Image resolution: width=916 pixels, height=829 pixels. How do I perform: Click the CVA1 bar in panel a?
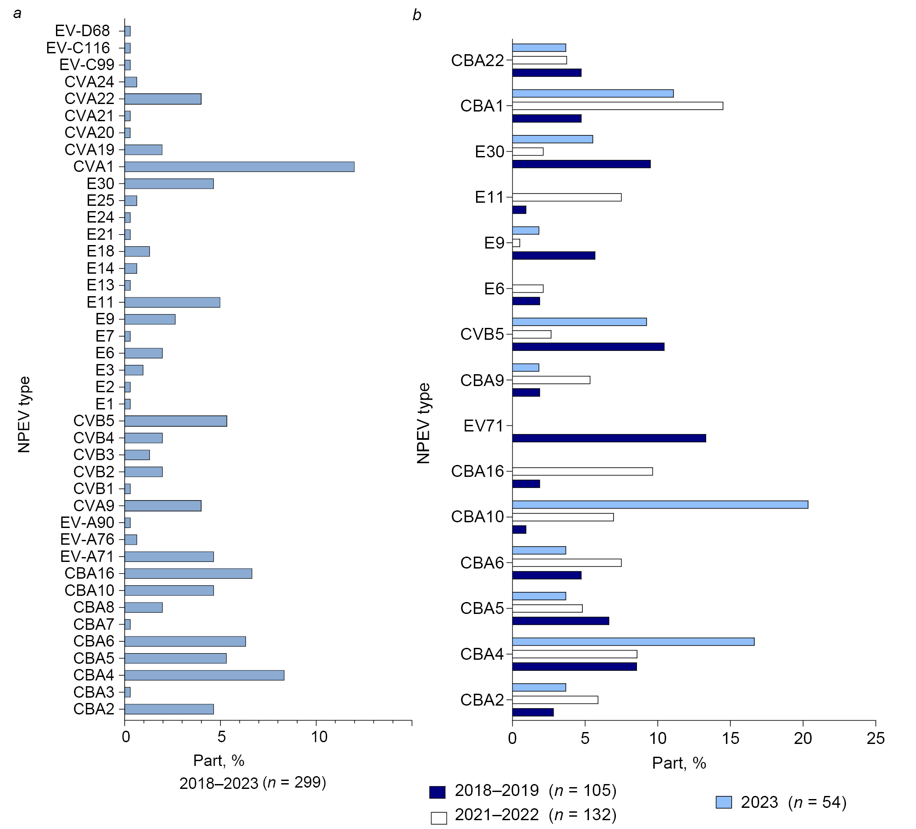239,167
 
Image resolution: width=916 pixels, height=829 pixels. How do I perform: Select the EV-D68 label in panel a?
82,31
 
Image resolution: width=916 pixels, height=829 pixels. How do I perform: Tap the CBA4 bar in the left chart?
204,676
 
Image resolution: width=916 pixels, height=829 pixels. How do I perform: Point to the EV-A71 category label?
87,557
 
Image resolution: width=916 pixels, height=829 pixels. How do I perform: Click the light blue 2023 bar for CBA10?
660,505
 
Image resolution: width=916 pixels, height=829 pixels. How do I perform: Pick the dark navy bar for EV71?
609,439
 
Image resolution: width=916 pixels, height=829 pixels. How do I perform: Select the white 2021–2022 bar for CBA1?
618,106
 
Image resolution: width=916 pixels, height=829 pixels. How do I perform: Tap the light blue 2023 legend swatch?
723,802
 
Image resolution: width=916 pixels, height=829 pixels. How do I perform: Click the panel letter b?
417,15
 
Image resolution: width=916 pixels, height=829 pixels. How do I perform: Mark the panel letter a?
17,14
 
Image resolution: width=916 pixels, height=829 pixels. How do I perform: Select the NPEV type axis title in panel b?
424,424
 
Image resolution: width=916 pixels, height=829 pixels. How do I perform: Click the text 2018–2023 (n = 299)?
253,783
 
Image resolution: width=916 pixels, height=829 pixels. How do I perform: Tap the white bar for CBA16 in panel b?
582,472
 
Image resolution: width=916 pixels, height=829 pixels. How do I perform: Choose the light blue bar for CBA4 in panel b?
633,642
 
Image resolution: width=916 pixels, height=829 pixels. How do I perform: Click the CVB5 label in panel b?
482,335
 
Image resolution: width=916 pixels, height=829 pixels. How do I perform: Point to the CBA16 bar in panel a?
188,574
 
